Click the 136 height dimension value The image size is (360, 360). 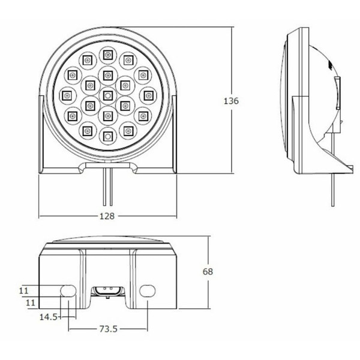click(x=231, y=101)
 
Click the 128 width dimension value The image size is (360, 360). click(x=107, y=216)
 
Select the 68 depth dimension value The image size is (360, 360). click(x=208, y=272)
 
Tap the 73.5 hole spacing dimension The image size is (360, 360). click(x=109, y=329)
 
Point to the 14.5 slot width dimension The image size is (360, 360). click(x=49, y=317)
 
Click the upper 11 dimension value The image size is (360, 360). click(x=23, y=291)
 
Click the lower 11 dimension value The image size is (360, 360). click(x=31, y=302)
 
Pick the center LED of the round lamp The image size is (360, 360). click(x=107, y=95)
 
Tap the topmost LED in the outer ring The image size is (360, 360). click(x=107, y=55)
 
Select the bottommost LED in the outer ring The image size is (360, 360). click(x=107, y=136)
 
